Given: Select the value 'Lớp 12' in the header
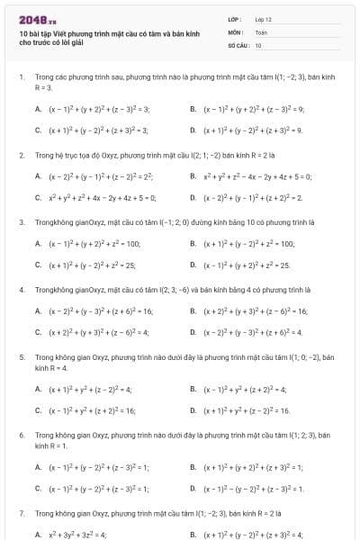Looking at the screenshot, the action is [x=263, y=19].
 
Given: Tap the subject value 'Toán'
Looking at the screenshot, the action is [x=260, y=31].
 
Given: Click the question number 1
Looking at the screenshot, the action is [x=21, y=78].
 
